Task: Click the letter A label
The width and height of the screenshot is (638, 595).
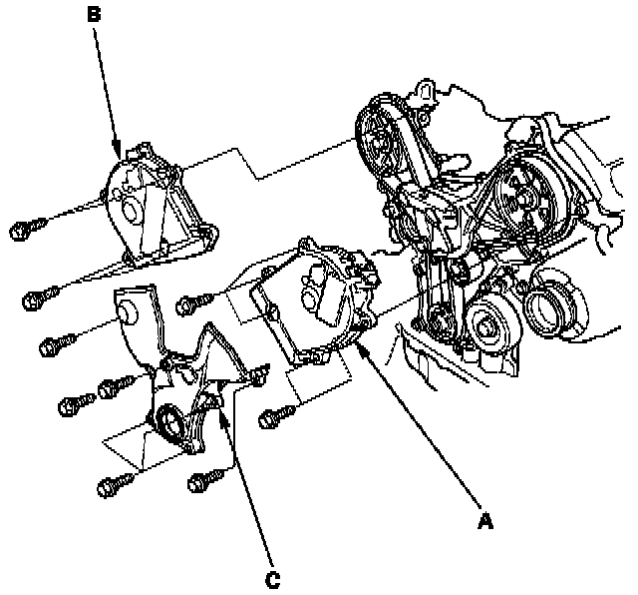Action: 485,520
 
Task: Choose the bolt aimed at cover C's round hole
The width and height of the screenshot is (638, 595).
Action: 52,346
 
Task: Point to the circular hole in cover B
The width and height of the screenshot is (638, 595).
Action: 127,212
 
